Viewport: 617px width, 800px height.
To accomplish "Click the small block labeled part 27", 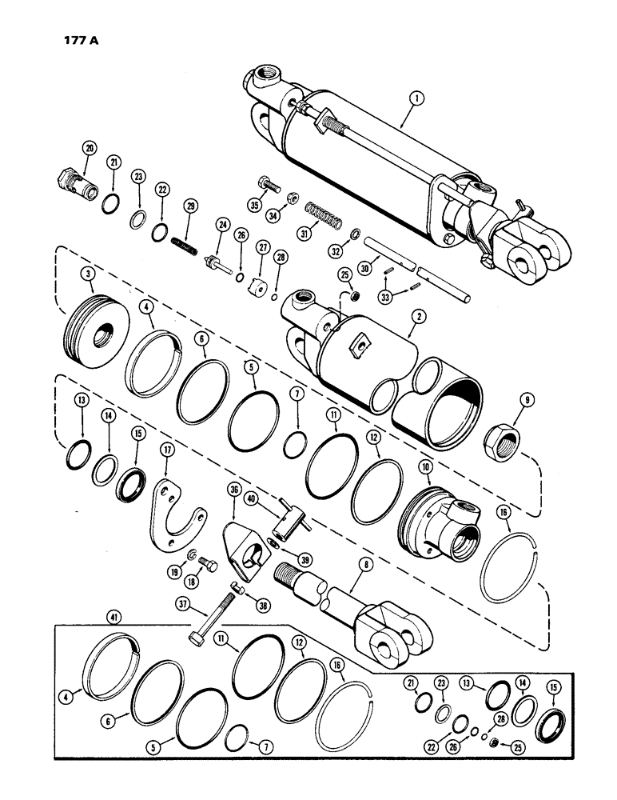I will (255, 286).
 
